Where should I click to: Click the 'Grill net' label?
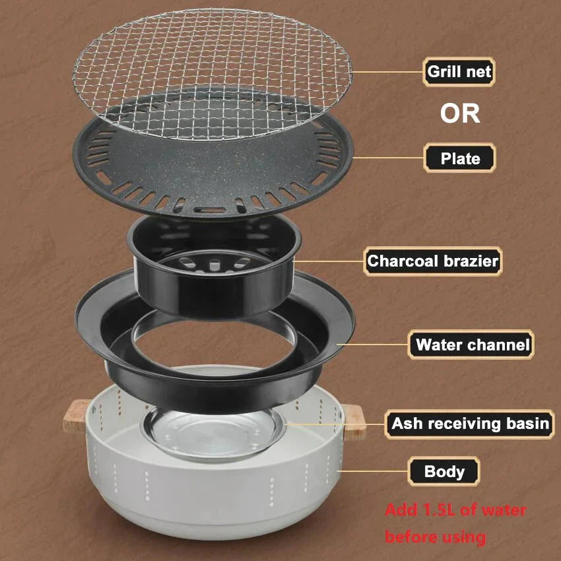(459, 71)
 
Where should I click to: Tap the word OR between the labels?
(460, 114)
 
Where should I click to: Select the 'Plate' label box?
(459, 158)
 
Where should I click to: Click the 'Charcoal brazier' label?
(432, 261)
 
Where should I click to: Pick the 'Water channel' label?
(472, 345)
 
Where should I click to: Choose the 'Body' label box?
(444, 472)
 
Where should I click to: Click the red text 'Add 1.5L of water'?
(455, 510)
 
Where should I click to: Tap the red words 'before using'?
(435, 537)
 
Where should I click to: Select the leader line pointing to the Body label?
(373, 471)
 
